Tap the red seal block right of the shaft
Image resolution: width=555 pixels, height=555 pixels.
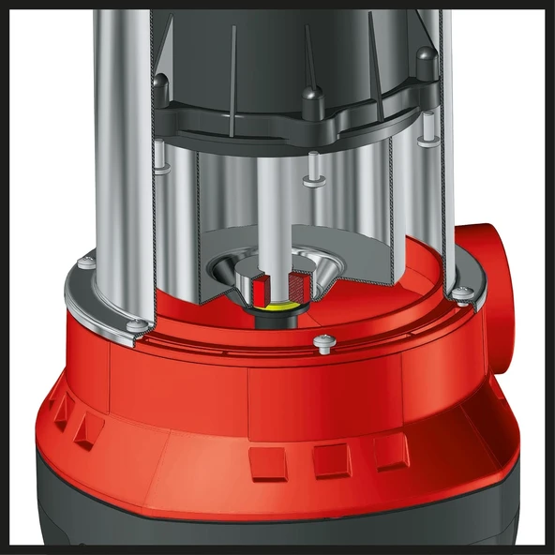point(299,282)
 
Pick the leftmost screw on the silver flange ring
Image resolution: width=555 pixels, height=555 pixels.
point(86,265)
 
